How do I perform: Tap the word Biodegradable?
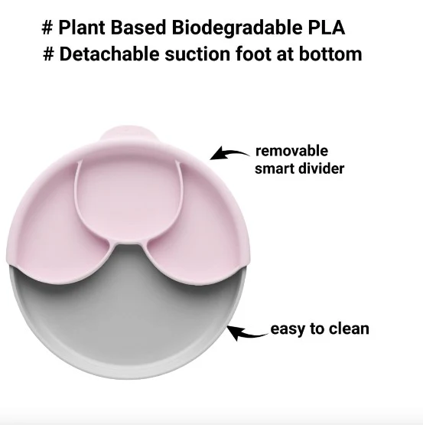click(237, 28)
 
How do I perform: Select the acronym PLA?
click(327, 28)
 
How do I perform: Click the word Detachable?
click(109, 54)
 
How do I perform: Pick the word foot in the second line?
click(253, 54)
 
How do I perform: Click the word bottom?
click(330, 54)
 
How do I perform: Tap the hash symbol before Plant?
click(47, 28)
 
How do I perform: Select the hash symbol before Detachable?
click(48, 54)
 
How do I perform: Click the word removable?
click(291, 151)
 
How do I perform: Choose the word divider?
click(321, 168)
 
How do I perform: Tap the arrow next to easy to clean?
click(246, 334)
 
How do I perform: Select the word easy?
click(288, 329)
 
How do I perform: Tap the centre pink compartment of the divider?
click(127, 198)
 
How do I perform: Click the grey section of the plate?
click(127, 320)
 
